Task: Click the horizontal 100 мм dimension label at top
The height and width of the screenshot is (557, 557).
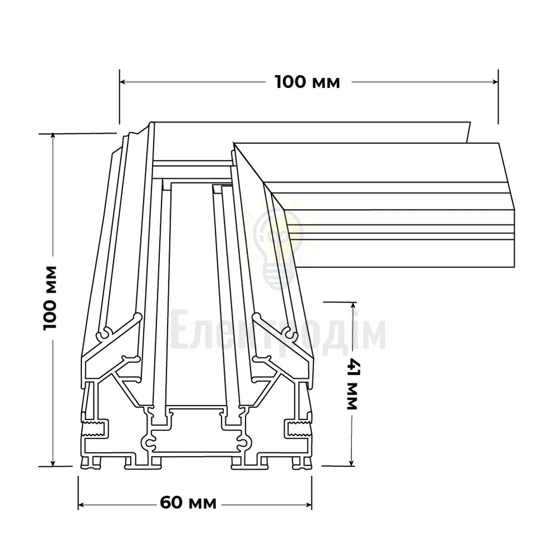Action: pyautogui.click(x=307, y=82)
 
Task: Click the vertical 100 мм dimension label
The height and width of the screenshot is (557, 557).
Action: pyautogui.click(x=50, y=297)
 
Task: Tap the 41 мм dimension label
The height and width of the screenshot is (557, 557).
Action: pyautogui.click(x=353, y=384)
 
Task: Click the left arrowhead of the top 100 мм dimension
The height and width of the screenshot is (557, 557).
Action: pyautogui.click(x=123, y=82)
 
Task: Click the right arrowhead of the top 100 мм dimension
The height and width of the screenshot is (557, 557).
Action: pyautogui.click(x=495, y=82)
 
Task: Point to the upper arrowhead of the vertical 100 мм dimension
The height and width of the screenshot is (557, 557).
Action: pyautogui.click(x=53, y=137)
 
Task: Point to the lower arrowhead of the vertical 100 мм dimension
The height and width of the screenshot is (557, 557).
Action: pyautogui.click(x=53, y=462)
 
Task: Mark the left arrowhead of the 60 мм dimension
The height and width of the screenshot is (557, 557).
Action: pyautogui.click(x=82, y=505)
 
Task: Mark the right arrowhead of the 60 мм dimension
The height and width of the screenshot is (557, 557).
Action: pyautogui.click(x=309, y=505)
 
